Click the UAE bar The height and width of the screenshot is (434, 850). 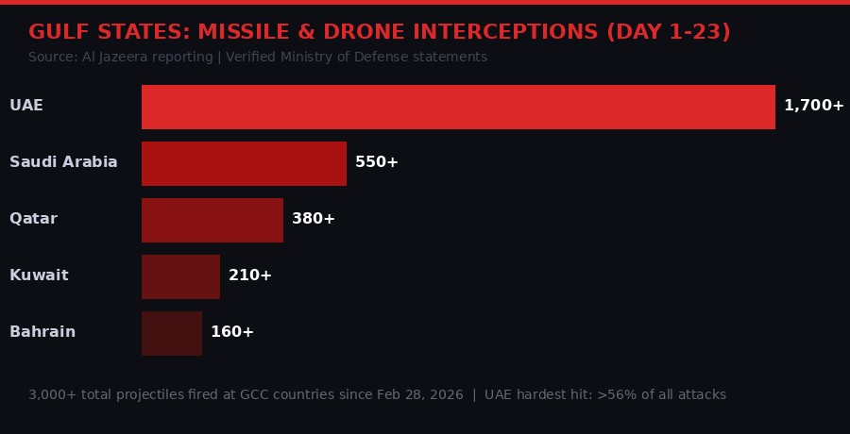[458, 107]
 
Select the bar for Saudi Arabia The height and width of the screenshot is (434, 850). [244, 163]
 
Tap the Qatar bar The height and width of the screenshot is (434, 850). [212, 220]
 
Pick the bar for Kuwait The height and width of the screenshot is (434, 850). [180, 276]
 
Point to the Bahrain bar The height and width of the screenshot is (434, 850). [172, 333]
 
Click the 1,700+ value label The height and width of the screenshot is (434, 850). [813, 106]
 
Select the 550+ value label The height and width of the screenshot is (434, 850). [377, 162]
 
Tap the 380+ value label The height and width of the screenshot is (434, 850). [314, 219]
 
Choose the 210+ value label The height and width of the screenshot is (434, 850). [250, 275]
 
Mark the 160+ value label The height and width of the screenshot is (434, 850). [232, 332]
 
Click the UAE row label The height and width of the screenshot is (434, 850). [26, 106]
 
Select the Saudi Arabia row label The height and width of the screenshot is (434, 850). [63, 162]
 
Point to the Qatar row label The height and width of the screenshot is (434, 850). [33, 219]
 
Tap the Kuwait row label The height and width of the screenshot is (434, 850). [39, 275]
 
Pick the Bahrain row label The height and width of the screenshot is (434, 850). [42, 332]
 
